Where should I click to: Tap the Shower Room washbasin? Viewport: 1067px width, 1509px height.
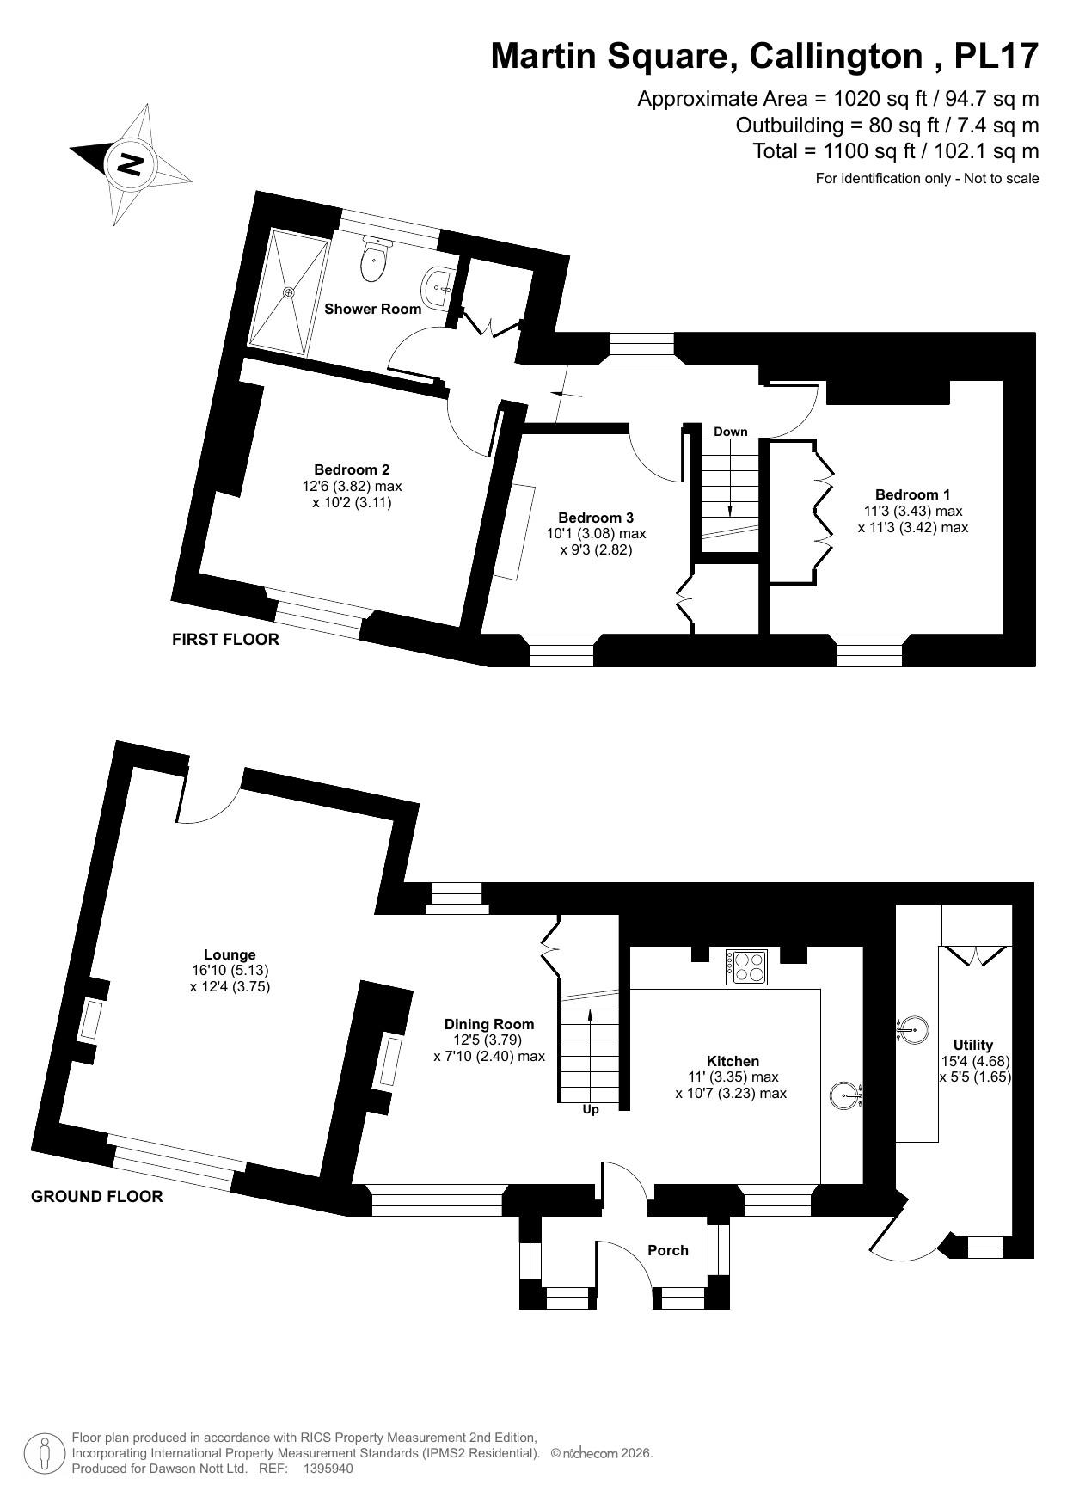pos(438,282)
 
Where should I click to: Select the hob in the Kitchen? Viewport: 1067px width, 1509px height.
pos(747,966)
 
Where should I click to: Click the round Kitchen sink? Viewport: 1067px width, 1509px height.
pos(845,1095)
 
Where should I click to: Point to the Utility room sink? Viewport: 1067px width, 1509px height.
pos(914,1028)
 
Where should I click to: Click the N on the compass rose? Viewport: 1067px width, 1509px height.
pos(130,163)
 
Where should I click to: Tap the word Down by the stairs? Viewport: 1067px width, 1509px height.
pos(730,432)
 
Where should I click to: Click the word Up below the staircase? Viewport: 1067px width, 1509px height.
pos(591,1110)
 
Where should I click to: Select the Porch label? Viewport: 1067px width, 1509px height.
pos(668,1250)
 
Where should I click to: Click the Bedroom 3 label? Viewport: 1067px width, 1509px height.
pos(596,518)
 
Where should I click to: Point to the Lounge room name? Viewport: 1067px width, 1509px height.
pos(230,954)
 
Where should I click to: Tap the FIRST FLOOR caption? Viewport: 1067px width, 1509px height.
pos(225,640)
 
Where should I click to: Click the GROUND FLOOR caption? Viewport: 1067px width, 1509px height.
pos(96,1196)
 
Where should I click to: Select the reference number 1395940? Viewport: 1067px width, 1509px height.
pos(328,1469)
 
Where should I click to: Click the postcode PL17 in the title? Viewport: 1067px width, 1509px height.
pos(996,57)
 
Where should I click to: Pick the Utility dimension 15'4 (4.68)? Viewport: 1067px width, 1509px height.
pos(974,1061)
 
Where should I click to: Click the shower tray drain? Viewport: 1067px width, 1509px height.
pos(290,292)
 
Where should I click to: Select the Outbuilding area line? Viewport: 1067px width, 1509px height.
pos(886,126)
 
